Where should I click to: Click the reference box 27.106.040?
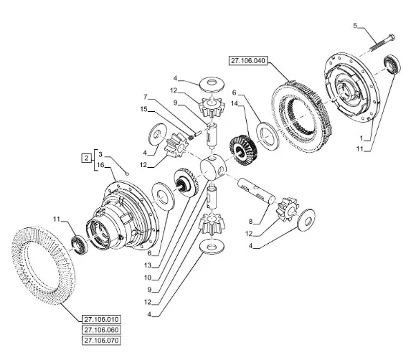(x=248, y=61)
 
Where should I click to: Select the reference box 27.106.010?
(x=101, y=319)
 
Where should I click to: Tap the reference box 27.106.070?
(x=101, y=340)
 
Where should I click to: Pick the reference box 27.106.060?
(x=101, y=330)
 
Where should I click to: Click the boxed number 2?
(x=86, y=158)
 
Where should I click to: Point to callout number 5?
(x=355, y=26)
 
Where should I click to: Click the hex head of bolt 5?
(x=392, y=37)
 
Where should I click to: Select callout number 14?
(x=235, y=103)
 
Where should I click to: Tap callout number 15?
(x=143, y=109)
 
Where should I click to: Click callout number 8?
(x=251, y=221)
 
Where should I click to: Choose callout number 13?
(x=148, y=265)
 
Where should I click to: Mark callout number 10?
(x=148, y=278)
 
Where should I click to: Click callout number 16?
(x=100, y=165)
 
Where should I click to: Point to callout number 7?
(x=145, y=97)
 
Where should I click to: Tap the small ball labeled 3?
(x=128, y=174)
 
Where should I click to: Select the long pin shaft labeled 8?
(x=257, y=191)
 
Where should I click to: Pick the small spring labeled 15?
(x=190, y=137)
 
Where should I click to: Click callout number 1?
(x=361, y=138)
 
